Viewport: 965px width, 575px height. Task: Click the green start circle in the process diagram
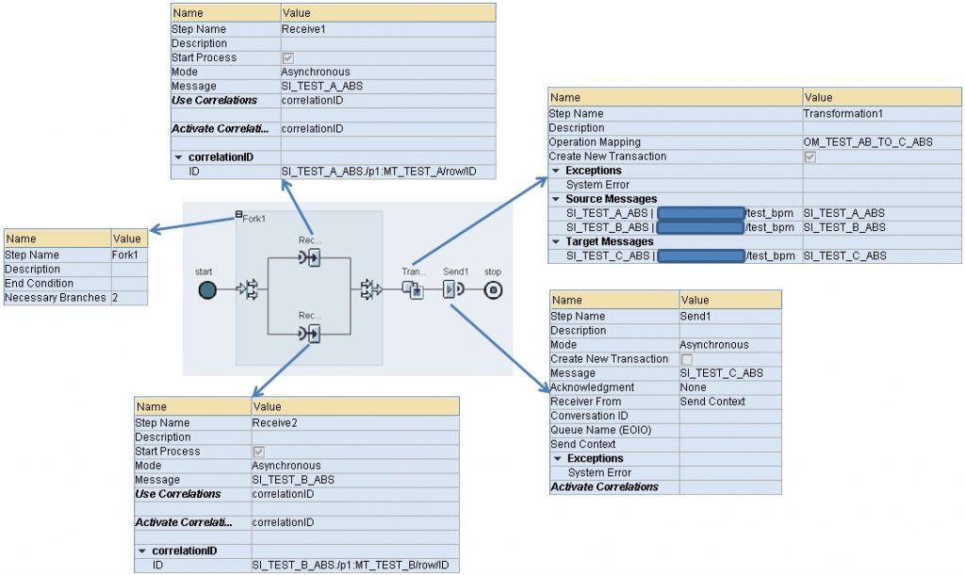207,290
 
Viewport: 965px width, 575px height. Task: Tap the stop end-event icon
493,290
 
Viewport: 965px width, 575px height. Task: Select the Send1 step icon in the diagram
453,289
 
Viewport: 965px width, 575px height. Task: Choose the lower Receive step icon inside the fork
308,334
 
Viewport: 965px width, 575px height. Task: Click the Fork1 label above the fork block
254,218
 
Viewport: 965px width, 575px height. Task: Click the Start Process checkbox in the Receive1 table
288,58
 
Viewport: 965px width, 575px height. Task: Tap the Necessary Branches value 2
115,298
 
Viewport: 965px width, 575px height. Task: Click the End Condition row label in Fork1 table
40,284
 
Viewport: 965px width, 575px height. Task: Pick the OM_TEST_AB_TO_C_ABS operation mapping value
861,142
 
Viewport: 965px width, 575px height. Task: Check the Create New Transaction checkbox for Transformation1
810,156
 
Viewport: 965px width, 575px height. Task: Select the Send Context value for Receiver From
712,402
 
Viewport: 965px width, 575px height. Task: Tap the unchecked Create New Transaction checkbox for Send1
686,359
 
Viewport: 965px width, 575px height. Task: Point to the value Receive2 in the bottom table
274,423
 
